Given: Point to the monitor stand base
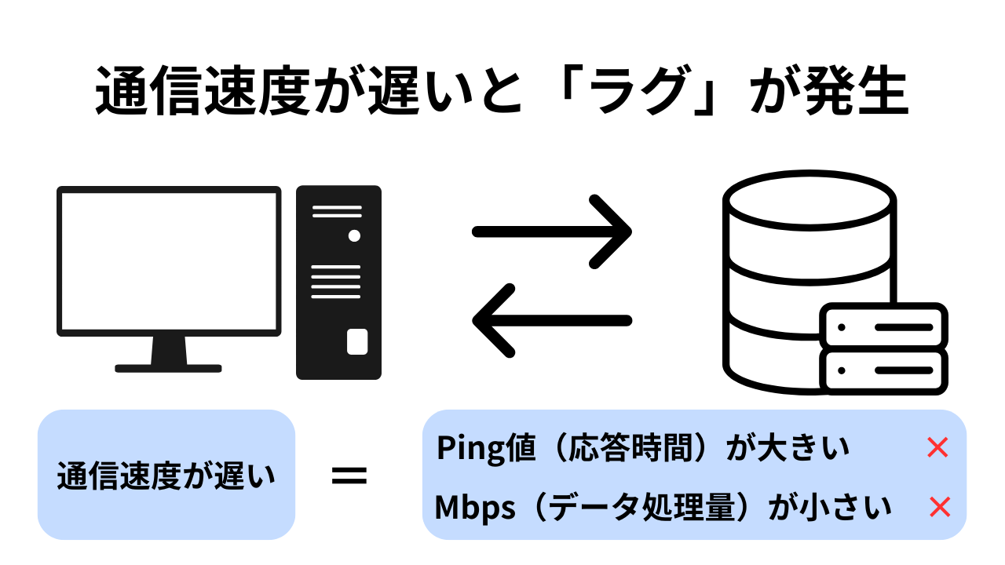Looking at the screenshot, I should pos(168,367).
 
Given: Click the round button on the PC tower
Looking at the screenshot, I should pos(354,235).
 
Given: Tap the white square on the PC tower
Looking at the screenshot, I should pos(357,341).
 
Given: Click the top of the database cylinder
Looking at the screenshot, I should pos(809,200).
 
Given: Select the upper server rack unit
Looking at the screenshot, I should pos(883,326).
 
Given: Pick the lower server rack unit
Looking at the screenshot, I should pos(883,370).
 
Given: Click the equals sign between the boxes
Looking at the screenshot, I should pos(349,476).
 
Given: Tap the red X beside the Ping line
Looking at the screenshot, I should pos(937,448).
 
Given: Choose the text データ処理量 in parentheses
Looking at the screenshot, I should pos(644,508).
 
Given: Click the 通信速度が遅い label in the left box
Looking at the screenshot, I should pos(166,476).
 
